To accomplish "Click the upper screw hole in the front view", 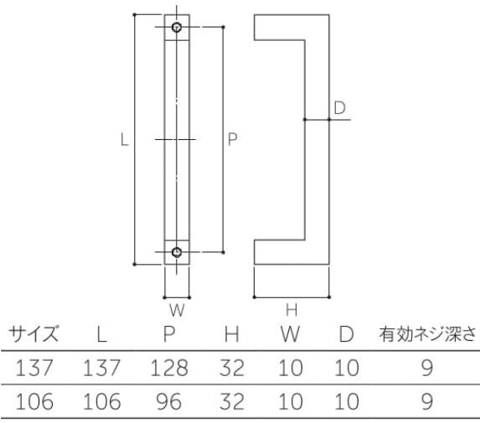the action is [177, 28].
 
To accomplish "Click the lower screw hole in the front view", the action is [177, 252].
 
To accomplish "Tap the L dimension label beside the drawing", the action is [124, 140].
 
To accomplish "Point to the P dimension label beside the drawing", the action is [232, 139].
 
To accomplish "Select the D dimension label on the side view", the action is [340, 108].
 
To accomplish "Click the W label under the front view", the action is [177, 310].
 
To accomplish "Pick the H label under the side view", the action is [292, 310].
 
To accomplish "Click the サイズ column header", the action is [34, 333].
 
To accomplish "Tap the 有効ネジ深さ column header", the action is [428, 333].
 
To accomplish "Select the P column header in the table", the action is [169, 333].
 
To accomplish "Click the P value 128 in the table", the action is [169, 368].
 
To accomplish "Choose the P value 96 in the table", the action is [169, 401].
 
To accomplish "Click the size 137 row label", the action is [34, 368].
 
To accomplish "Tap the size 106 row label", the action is [34, 401].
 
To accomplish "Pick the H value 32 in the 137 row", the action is [232, 368].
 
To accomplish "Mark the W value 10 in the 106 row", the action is [290, 401].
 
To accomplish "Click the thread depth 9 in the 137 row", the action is [427, 368].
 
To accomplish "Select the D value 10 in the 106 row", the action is [346, 401].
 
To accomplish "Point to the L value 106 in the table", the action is [101, 401].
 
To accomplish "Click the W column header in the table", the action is [290, 333].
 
